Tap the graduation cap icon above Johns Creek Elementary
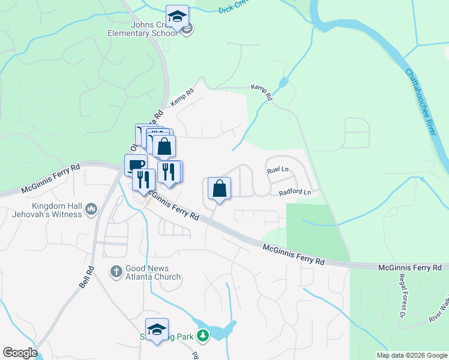[177, 17]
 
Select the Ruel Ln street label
[278, 170]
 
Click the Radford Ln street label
[295, 193]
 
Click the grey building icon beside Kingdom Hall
[91, 209]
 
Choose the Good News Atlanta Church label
[153, 272]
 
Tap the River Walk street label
[439, 312]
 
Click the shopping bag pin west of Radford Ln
[220, 189]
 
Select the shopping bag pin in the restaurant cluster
[164, 146]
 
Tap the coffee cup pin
[136, 165]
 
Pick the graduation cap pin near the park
[157, 330]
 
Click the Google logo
[20, 353]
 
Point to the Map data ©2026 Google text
[411, 355]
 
